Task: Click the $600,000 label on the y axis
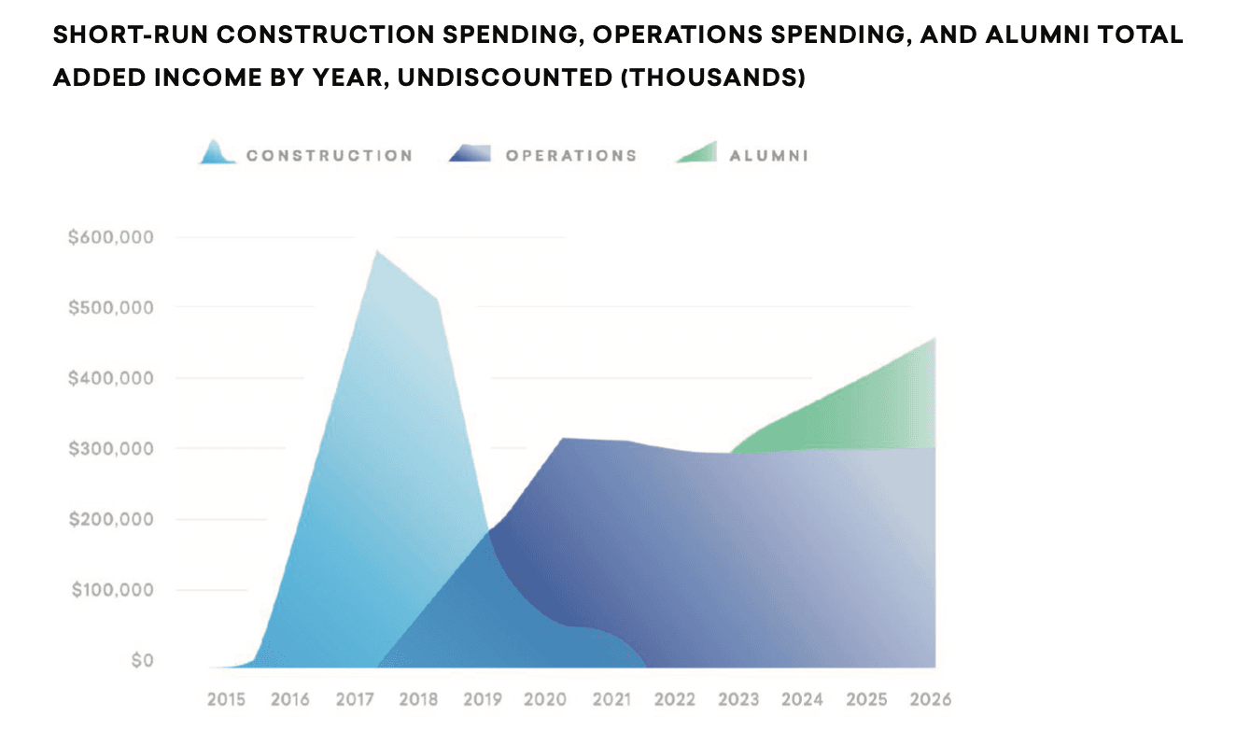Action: pos(110,237)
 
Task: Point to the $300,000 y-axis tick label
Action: pos(110,449)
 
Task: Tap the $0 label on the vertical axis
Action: pos(141,661)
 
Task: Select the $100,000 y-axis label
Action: pos(110,590)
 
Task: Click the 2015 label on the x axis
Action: pos(226,699)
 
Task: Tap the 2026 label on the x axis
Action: pos(931,699)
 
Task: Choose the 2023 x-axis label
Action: pos(739,699)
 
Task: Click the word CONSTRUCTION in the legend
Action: pos(329,156)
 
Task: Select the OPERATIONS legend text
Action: pos(571,156)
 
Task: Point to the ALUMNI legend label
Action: pos(768,156)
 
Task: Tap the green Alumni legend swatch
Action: pos(697,152)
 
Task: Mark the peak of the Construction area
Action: pos(376,251)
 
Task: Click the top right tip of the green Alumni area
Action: pos(934,339)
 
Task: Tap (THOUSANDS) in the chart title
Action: pos(713,78)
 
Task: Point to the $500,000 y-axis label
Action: pos(110,308)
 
